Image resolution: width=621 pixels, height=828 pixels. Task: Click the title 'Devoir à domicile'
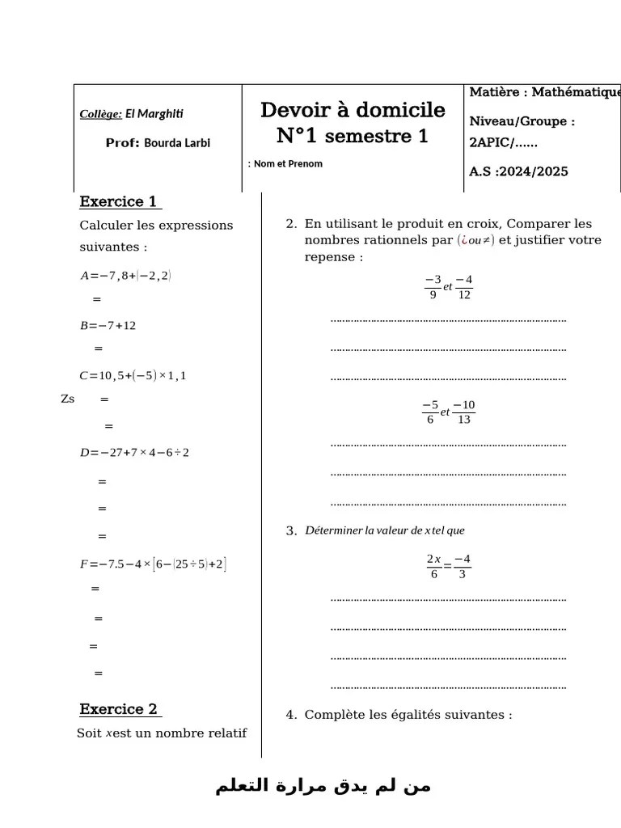click(353, 110)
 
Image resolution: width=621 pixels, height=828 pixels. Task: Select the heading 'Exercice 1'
click(119, 202)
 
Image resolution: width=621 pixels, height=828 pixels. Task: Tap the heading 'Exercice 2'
click(119, 709)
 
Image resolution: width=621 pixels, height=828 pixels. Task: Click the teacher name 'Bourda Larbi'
click(177, 143)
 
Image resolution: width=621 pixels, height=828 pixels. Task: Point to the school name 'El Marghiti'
click(154, 114)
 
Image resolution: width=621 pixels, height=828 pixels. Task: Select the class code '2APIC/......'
click(503, 143)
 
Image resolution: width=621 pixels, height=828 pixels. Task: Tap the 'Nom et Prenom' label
click(288, 164)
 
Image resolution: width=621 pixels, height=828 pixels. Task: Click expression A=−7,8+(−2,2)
click(125, 275)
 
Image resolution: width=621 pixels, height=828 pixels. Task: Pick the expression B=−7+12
click(108, 325)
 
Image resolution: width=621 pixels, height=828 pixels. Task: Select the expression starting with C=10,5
click(133, 375)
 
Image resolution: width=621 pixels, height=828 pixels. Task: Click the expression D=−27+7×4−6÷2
click(134, 452)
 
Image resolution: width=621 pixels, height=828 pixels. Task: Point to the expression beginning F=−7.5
click(153, 564)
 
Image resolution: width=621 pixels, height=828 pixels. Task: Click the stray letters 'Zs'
click(68, 399)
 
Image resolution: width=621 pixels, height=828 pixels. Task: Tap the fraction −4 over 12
click(463, 287)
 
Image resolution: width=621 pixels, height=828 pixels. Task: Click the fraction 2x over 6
click(433, 566)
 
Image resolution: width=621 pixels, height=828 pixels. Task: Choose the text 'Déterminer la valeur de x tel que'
click(385, 530)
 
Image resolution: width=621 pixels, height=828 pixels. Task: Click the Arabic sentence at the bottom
click(323, 787)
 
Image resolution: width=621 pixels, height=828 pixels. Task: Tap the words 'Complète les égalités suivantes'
click(408, 715)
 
